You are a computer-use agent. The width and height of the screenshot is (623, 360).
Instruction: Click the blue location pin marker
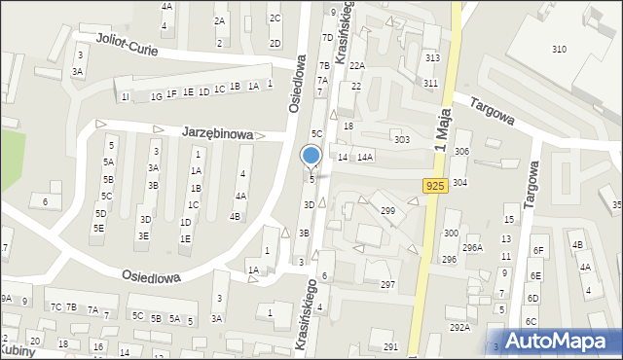[x=311, y=156]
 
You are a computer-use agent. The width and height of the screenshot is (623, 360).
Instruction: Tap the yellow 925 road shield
[x=435, y=185]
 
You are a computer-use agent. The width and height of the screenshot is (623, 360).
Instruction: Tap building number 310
[x=559, y=49]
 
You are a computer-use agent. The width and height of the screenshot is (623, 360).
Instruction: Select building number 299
[x=387, y=210]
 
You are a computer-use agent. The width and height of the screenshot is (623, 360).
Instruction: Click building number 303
[x=401, y=140]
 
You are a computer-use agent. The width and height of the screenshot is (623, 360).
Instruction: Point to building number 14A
[x=365, y=157]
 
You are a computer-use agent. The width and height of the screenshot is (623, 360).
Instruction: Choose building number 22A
[x=357, y=65]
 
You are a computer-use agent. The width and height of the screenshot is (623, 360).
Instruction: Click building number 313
[x=432, y=58]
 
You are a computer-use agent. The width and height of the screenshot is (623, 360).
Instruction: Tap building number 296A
[x=472, y=248]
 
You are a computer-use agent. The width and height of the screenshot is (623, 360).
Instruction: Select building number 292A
[x=458, y=327]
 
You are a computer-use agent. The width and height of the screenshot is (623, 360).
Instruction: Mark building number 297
[x=387, y=284]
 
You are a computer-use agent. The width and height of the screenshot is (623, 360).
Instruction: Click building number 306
[x=461, y=152]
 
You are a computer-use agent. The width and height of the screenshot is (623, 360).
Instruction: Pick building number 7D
[x=327, y=38]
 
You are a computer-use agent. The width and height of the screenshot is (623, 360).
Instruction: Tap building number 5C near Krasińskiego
[x=316, y=132]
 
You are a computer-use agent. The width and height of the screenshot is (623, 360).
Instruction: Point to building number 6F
[x=537, y=250]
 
